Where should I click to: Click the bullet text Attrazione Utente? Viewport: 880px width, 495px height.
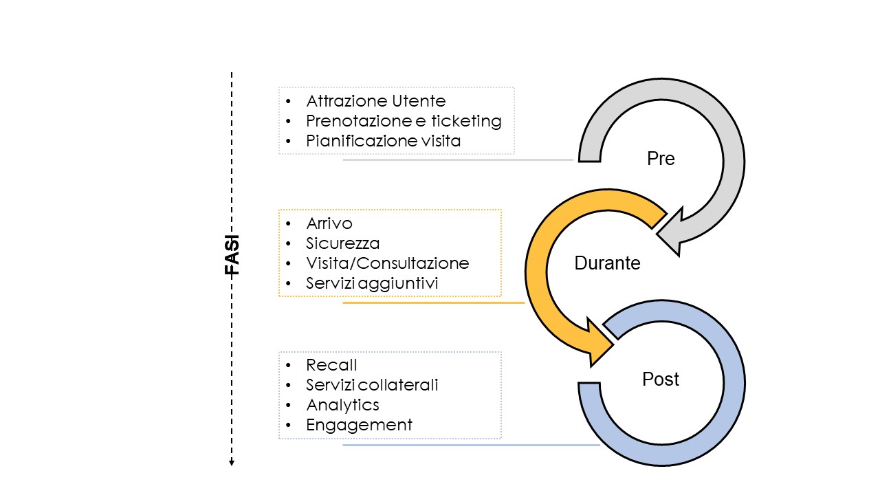click(x=376, y=101)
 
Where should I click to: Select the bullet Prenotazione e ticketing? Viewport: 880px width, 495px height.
click(x=404, y=121)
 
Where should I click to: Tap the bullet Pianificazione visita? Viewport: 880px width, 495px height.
click(x=384, y=141)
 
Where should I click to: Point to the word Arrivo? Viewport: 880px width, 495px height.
click(x=329, y=223)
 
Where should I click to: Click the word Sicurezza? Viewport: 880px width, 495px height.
click(x=343, y=243)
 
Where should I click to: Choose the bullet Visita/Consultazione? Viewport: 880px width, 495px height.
click(x=388, y=263)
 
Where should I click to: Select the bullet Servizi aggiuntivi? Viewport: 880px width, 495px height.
click(x=372, y=283)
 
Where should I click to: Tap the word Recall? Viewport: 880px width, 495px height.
click(x=331, y=365)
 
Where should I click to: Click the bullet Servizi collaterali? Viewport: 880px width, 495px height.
click(x=372, y=385)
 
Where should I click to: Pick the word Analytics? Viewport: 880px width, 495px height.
click(x=342, y=405)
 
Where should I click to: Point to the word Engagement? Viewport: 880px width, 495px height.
click(x=359, y=425)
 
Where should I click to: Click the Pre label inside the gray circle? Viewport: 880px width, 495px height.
click(x=661, y=158)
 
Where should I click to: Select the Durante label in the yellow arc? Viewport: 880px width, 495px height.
click(x=607, y=263)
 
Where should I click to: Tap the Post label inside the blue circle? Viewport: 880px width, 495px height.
click(x=661, y=379)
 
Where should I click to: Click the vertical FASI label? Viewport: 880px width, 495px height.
click(x=232, y=255)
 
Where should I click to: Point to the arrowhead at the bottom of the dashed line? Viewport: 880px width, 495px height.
click(x=232, y=463)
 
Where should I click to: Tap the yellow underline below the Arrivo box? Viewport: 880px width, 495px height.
click(x=434, y=303)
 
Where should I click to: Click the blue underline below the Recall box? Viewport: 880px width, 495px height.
click(x=472, y=445)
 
